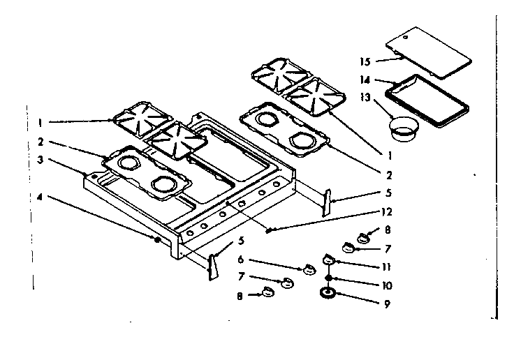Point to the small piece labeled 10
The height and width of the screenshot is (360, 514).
(x=328, y=277)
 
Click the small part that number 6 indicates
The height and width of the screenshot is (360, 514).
(x=306, y=269)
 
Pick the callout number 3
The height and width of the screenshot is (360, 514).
(x=41, y=159)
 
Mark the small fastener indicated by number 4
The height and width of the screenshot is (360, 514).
(x=158, y=239)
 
